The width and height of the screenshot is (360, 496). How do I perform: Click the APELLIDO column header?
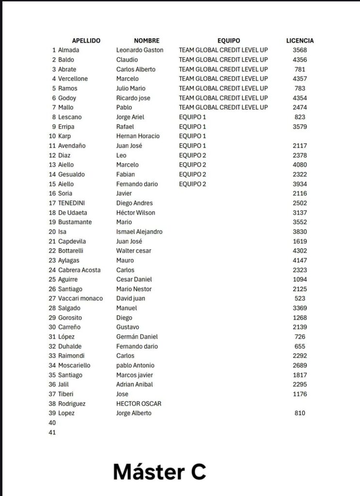tap(86, 41)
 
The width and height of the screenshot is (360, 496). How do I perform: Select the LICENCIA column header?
tap(300, 41)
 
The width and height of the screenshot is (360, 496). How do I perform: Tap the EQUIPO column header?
tap(229, 41)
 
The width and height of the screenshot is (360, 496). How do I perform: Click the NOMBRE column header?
tap(146, 41)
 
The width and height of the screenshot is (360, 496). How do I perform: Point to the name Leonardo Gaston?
tap(140, 50)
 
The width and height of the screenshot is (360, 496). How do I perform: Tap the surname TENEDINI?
tap(74, 203)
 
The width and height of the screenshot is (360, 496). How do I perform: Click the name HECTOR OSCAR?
tap(139, 403)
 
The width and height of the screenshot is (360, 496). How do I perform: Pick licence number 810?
tap(300, 413)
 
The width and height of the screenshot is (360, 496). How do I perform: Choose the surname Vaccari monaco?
tap(80, 298)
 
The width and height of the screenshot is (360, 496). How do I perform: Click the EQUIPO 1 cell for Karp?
tap(192, 136)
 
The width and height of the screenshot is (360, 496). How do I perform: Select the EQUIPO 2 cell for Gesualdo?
tap(192, 174)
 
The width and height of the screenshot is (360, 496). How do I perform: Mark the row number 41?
tap(52, 433)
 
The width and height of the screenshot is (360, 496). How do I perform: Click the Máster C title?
tap(159, 471)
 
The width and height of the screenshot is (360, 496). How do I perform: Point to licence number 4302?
tap(300, 251)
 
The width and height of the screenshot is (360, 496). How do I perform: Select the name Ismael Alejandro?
tap(139, 232)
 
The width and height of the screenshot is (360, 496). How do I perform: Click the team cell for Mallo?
tap(223, 108)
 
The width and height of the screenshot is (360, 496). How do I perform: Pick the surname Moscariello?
tap(74, 365)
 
